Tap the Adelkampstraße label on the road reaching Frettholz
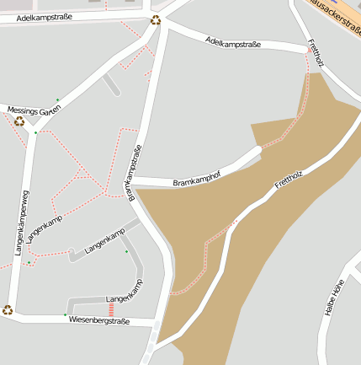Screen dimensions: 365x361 pyautogui.click(x=233, y=42)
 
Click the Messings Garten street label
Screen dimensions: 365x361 pyautogui.click(x=35, y=110)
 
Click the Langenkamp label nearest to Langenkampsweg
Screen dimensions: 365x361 pyautogui.click(x=45, y=229)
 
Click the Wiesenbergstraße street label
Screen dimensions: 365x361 pyautogui.click(x=99, y=320)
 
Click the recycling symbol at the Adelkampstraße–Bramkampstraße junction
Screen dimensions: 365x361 pyautogui.click(x=155, y=20)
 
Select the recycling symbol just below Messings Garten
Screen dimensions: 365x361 pyautogui.click(x=19, y=121)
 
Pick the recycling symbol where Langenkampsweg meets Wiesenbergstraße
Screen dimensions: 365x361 pyautogui.click(x=8, y=309)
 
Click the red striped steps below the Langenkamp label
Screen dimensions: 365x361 pyautogui.click(x=110, y=309)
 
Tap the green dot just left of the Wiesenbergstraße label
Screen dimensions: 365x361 pyautogui.click(x=65, y=315)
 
